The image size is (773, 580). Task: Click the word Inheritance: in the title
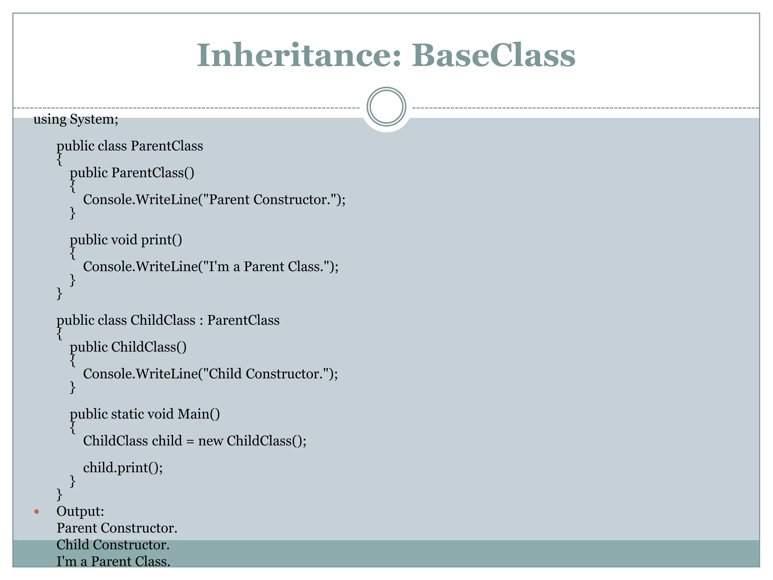(298, 56)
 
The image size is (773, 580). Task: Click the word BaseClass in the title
(493, 56)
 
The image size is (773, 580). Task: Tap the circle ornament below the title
(386, 106)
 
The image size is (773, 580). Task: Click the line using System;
(76, 119)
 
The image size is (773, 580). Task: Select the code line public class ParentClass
(129, 146)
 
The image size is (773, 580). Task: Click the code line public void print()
(126, 240)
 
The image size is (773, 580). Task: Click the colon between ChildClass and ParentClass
(201, 321)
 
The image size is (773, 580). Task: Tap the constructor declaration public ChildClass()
(128, 347)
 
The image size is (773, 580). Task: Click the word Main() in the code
(199, 414)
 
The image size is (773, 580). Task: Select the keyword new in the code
(211, 441)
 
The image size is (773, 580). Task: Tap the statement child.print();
(123, 468)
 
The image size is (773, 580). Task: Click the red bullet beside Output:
(37, 512)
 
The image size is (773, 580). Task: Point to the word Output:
(80, 512)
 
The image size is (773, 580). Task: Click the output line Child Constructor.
(113, 545)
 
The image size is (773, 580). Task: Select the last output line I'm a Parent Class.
(113, 561)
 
